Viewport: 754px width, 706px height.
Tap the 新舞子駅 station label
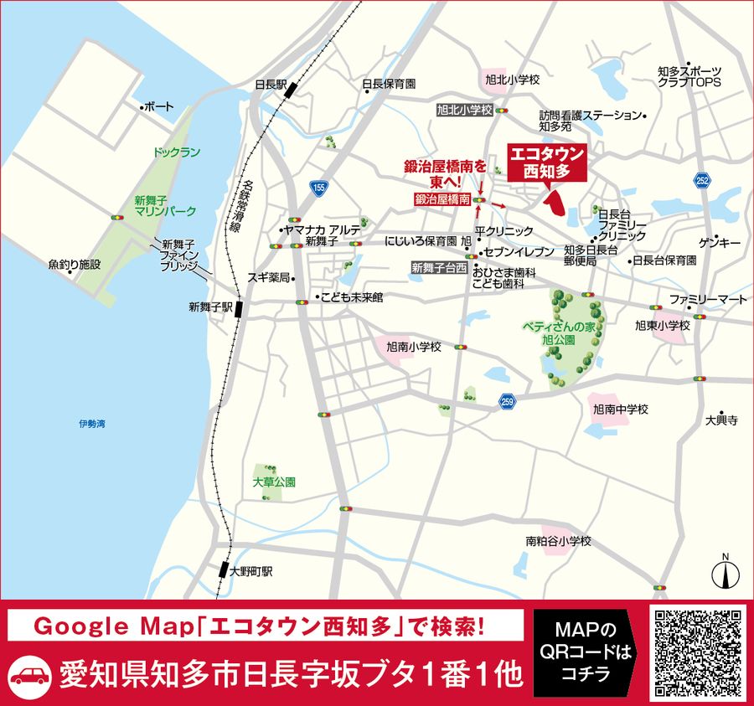209,307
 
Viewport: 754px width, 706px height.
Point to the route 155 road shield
318,189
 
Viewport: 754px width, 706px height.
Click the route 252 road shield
702,180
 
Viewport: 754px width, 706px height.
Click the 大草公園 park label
274,482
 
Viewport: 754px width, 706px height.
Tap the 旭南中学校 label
620,410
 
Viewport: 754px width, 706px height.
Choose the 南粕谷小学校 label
559,541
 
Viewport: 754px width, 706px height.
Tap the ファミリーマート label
708,299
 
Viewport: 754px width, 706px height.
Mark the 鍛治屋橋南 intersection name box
442,200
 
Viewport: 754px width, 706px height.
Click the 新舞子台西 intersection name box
438,268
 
